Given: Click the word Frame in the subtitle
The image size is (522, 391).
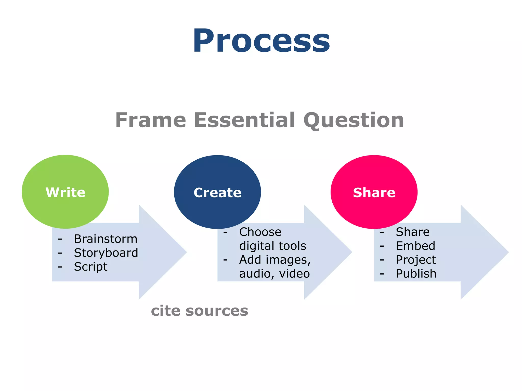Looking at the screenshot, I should point(151,120).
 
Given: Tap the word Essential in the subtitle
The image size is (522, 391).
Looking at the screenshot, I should point(244,120).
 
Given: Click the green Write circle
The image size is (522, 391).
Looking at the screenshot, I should point(65,192).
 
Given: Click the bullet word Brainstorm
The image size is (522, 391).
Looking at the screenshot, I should point(106,239).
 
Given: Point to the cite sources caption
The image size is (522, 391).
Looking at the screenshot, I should point(200,311).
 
